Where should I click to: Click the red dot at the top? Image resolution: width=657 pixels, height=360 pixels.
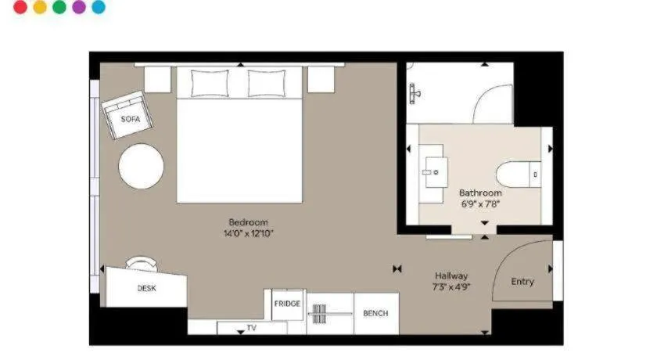pyautogui.click(x=20, y=7)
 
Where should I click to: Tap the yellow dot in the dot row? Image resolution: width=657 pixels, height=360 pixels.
pyautogui.click(x=40, y=7)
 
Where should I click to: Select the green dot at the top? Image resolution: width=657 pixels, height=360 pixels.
pyautogui.click(x=59, y=7)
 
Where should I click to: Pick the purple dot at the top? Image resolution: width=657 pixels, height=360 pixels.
pyautogui.click(x=79, y=7)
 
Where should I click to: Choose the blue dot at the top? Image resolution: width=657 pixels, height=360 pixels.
pyautogui.click(x=99, y=7)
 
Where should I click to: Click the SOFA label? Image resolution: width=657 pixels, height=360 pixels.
pyautogui.click(x=131, y=120)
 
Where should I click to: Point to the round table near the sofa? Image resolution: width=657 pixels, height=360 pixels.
pyautogui.click(x=142, y=166)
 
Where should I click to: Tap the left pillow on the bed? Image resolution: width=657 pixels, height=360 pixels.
pyautogui.click(x=210, y=84)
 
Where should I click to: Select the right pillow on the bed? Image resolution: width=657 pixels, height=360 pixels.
pyautogui.click(x=267, y=84)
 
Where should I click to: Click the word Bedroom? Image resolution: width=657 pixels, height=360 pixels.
pyautogui.click(x=249, y=222)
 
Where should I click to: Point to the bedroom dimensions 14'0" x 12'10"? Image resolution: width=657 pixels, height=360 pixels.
pyautogui.click(x=249, y=233)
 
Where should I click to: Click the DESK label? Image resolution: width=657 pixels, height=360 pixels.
pyautogui.click(x=147, y=288)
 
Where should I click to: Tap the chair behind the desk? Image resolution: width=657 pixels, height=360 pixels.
pyautogui.click(x=142, y=264)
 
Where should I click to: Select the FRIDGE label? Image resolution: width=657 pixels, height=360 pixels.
pyautogui.click(x=288, y=304)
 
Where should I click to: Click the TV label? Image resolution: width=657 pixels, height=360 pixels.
pyautogui.click(x=251, y=328)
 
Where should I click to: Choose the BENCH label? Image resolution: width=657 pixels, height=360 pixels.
pyautogui.click(x=376, y=313)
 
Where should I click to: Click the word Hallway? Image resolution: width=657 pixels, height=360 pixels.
pyautogui.click(x=451, y=275)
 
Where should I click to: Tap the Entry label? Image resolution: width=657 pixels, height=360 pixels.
pyautogui.click(x=522, y=282)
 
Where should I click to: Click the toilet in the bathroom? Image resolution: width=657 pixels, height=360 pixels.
pyautogui.click(x=519, y=174)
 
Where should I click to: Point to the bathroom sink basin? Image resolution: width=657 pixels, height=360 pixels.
pyautogui.click(x=436, y=172)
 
